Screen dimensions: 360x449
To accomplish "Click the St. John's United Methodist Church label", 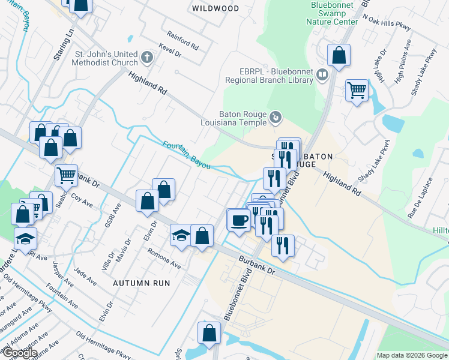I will pyautogui.click(x=106, y=58).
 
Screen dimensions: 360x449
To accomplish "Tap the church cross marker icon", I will pyautogui.click(x=148, y=58).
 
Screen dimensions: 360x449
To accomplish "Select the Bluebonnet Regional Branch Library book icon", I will pyautogui.click(x=323, y=75).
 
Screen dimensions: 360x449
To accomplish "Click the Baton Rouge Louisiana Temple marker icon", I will pyautogui.click(x=275, y=117).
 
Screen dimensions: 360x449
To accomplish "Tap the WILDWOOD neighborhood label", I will pyautogui.click(x=215, y=8).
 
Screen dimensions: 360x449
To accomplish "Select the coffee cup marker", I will pyautogui.click(x=239, y=220).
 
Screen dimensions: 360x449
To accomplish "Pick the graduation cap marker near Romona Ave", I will pyautogui.click(x=181, y=235).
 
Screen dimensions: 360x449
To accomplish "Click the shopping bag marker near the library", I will pyautogui.click(x=339, y=55).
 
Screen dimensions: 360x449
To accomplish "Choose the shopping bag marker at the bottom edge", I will pyautogui.click(x=209, y=334).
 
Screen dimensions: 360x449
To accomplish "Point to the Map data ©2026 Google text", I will pyautogui.click(x=411, y=355).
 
